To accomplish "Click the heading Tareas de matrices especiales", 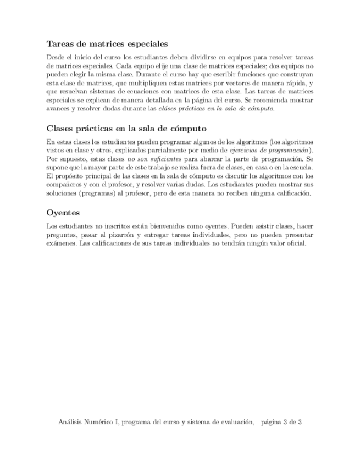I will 107,43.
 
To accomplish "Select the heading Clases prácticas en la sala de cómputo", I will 126,129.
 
